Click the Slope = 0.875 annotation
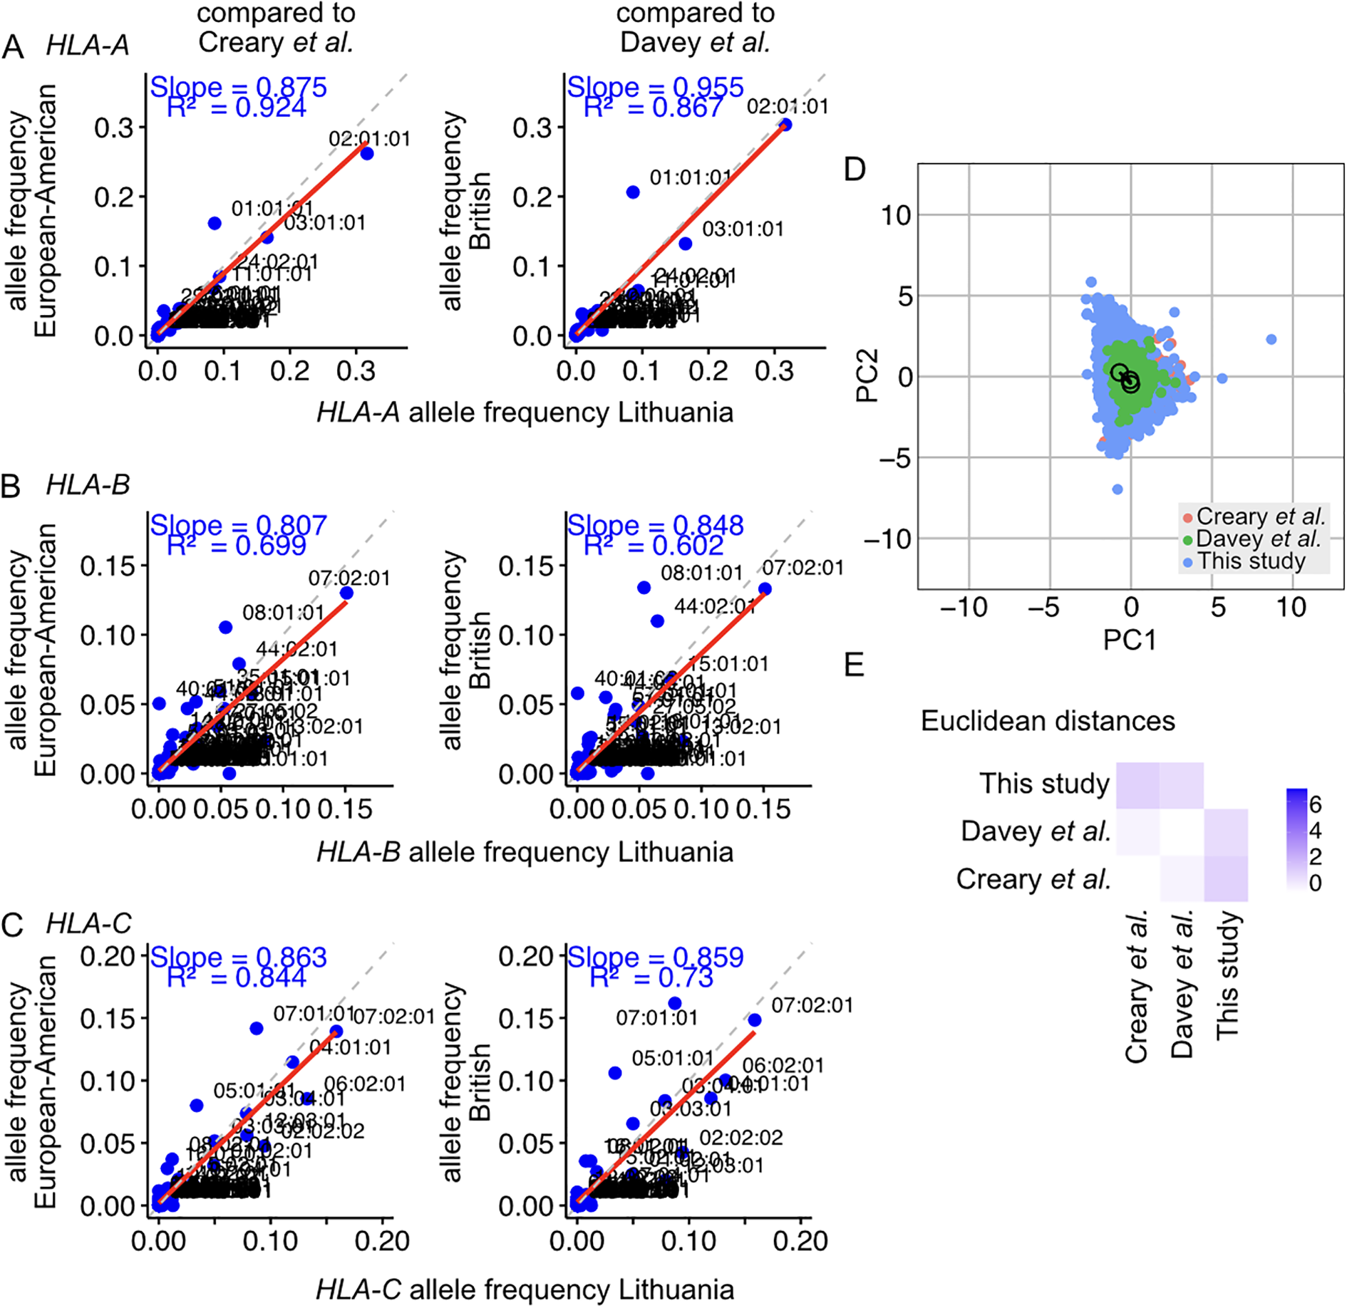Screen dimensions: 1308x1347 pyautogui.click(x=238, y=87)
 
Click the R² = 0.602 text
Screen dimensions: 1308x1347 pyautogui.click(x=654, y=546)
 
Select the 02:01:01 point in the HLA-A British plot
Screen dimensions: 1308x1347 pyautogui.click(x=785, y=125)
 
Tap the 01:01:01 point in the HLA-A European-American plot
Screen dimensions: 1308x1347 pyautogui.click(x=215, y=223)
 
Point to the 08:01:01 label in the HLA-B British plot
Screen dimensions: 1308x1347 pyautogui.click(x=701, y=573)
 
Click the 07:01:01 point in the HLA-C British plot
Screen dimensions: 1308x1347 pyautogui.click(x=674, y=1003)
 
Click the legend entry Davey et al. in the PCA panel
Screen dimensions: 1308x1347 pyautogui.click(x=1258, y=539)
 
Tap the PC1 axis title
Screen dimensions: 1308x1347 pyautogui.click(x=1130, y=640)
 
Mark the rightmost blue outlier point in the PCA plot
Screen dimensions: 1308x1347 pyautogui.click(x=1271, y=339)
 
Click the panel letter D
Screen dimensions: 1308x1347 pyautogui.click(x=855, y=170)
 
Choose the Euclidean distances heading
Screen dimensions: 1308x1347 pyautogui.click(x=1048, y=721)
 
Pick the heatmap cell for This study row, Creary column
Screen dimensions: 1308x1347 pyautogui.click(x=1137, y=785)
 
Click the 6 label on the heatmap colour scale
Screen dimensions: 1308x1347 pyautogui.click(x=1315, y=805)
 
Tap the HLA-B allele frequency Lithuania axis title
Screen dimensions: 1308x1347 pyautogui.click(x=525, y=852)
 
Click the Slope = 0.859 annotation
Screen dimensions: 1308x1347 pyautogui.click(x=655, y=957)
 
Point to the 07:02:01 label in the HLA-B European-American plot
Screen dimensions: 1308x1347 pyautogui.click(x=349, y=578)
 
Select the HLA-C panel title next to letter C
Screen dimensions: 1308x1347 pyautogui.click(x=88, y=923)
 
